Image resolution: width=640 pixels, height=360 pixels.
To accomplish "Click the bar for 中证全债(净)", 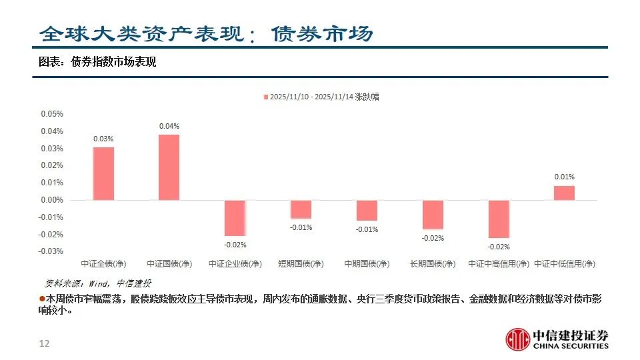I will (103, 173).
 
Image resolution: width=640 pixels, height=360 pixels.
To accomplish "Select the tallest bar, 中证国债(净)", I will (169, 167).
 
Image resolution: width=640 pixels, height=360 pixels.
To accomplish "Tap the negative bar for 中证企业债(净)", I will (235, 218).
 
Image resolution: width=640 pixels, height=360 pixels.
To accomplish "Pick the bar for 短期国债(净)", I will (301, 209).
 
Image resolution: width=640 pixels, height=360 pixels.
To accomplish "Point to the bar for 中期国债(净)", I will (367, 211).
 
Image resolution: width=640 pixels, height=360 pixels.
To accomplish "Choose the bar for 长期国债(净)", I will (433, 215).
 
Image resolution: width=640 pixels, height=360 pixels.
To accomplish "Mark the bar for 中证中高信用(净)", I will (499, 219).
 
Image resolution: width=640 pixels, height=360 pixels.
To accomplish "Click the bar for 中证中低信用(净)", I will (564, 193).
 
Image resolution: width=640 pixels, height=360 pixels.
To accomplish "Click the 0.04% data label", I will (169, 126).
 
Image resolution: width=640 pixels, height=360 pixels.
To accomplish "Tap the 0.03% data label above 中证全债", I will (103, 139).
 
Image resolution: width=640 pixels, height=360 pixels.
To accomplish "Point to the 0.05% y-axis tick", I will (52, 114).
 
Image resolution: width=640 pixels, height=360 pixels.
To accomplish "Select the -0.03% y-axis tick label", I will (51, 251).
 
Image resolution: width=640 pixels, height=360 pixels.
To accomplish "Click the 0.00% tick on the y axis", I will (52, 200).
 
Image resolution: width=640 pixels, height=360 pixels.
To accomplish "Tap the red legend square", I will (265, 97).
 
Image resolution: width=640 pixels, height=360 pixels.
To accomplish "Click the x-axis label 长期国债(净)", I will (433, 264).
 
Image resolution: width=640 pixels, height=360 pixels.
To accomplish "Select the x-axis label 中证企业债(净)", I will (235, 264).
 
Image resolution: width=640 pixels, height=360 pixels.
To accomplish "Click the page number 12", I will (45, 344).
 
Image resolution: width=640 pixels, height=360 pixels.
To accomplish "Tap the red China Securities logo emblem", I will (517, 339).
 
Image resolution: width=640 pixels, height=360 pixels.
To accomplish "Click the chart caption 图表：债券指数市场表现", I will (97, 63).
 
